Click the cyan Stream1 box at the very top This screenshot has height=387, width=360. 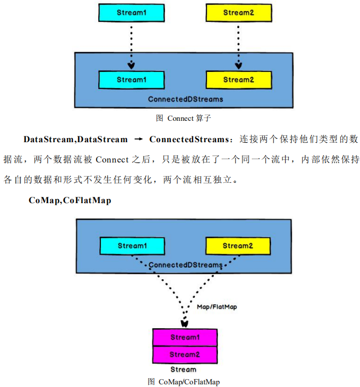tap(131, 13)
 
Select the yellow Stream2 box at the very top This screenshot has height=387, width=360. tap(238, 13)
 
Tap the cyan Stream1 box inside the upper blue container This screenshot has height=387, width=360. tap(131, 80)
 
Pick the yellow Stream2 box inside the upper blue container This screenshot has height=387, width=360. tap(238, 80)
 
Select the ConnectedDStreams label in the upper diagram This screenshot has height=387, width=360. tap(185, 99)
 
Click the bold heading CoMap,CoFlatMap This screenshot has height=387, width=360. tap(70, 200)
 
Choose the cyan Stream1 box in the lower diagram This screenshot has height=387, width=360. tap(132, 246)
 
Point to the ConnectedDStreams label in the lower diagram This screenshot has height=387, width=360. tap(185, 265)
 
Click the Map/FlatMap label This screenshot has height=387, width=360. tap(217, 307)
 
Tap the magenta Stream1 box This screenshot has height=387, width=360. tap(185, 337)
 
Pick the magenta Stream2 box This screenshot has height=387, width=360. tap(185, 355)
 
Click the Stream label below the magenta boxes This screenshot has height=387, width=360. tap(184, 369)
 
